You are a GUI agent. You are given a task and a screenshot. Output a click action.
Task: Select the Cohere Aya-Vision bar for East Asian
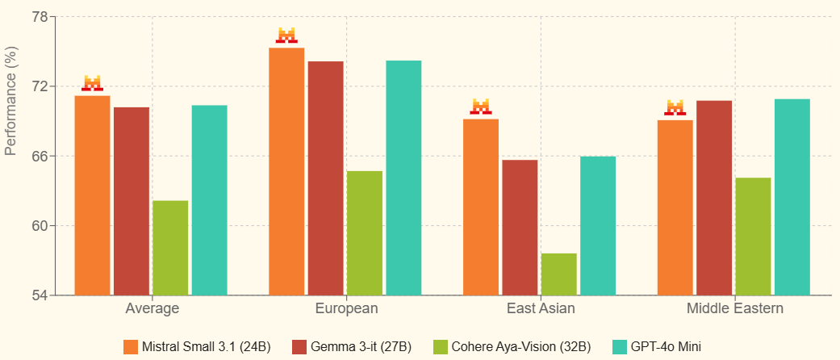(x=558, y=274)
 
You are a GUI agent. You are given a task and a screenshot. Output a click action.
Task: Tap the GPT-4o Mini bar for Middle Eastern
(x=792, y=197)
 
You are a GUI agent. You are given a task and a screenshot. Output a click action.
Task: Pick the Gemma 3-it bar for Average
(x=131, y=201)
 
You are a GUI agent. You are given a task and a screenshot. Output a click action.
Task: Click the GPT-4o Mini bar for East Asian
(x=597, y=225)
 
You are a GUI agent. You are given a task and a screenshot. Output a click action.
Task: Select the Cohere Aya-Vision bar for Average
(x=170, y=248)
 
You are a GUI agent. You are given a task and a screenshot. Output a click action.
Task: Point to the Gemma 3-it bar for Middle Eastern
(x=714, y=198)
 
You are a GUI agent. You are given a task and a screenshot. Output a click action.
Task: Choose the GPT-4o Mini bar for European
(x=403, y=178)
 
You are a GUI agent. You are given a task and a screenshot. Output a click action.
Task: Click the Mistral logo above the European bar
(x=286, y=36)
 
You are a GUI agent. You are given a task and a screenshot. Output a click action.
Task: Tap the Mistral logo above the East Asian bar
(x=481, y=107)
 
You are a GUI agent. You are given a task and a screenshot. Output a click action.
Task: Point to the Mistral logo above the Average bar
(x=93, y=83)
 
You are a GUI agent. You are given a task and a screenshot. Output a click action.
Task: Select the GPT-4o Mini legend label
(x=667, y=347)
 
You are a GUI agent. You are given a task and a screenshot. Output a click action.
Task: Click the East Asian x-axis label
(x=541, y=308)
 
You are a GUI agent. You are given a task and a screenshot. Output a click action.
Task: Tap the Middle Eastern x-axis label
(x=734, y=308)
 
